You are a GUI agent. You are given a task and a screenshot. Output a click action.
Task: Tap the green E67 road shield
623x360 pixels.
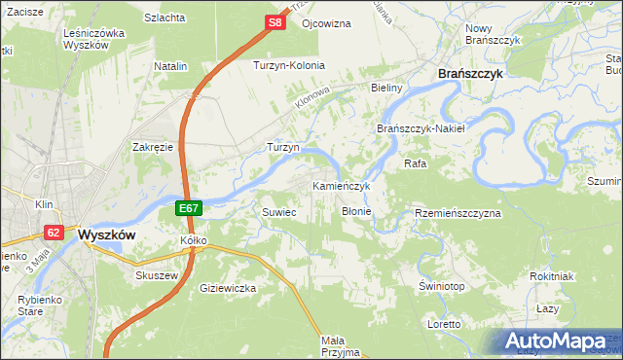point(190,208)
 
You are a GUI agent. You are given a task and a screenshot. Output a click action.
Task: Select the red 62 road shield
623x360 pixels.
point(54,233)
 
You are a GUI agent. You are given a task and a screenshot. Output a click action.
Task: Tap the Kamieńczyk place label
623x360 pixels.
point(342,185)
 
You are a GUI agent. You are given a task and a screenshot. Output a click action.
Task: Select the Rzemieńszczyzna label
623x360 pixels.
point(458,212)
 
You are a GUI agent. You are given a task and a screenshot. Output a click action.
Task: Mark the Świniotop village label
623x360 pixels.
point(441,285)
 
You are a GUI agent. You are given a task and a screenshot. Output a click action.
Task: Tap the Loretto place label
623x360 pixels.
point(444,323)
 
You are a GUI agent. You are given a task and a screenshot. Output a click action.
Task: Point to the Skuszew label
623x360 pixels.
point(154,274)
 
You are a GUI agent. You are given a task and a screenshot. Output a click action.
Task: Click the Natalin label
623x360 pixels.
point(170,66)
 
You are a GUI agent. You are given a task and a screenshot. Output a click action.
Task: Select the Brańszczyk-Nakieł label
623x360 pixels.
point(421,128)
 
